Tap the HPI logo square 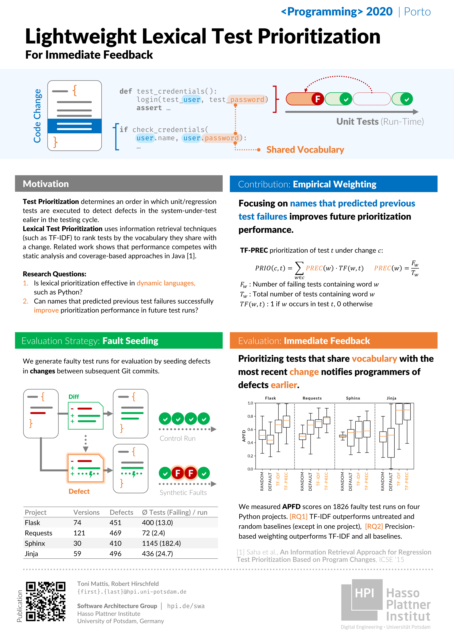click(364, 593)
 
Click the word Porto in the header click(417, 12)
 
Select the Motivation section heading click(46, 184)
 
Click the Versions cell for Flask click(77, 523)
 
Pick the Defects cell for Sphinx click(115, 543)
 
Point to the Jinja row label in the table click(31, 554)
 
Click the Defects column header click(121, 512)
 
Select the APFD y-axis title click(244, 436)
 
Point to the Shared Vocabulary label click(305, 150)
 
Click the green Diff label click(74, 396)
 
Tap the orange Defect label click(79, 491)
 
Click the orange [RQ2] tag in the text click(374, 526)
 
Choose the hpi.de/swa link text click(186, 606)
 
